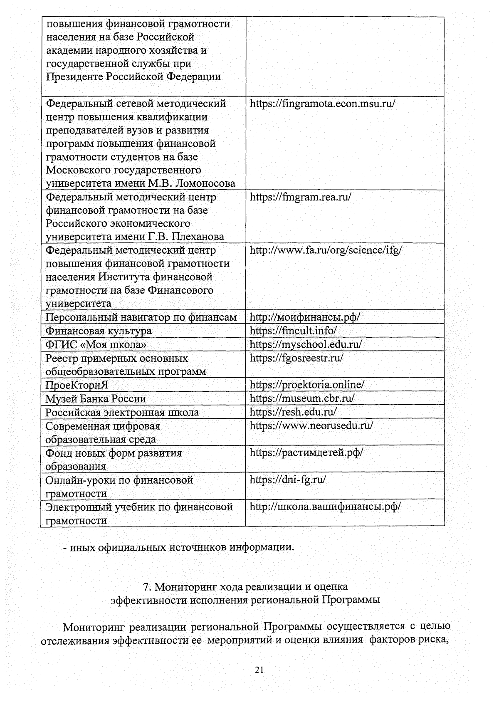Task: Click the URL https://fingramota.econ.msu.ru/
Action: tap(322, 104)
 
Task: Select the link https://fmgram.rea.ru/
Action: tap(300, 197)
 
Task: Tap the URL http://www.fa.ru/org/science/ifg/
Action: tap(326, 250)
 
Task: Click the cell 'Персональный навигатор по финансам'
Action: tap(141, 318)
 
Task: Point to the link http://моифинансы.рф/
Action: tap(304, 317)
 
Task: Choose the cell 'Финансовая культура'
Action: tap(99, 331)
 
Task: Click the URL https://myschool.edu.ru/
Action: tap(306, 344)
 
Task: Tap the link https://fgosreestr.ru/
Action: tap(296, 358)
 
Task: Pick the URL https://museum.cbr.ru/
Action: tap(302, 398)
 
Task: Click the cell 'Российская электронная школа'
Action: tap(122, 413)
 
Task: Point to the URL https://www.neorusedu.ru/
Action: tap(311, 425)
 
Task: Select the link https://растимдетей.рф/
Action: tap(306, 452)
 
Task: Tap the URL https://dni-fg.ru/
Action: tap(288, 480)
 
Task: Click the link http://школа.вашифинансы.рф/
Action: tap(325, 507)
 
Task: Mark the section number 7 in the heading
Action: tap(146, 587)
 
